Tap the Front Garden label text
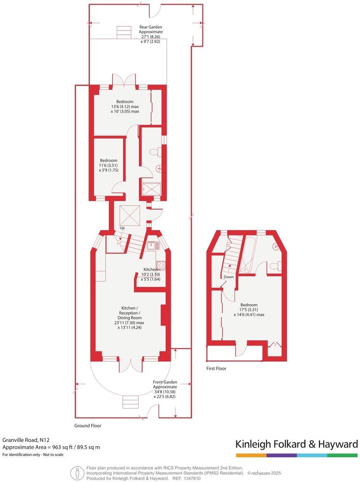point(165,389)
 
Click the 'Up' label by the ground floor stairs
point(122,228)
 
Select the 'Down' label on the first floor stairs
point(228,277)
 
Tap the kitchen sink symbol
point(153,246)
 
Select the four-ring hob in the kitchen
point(161,265)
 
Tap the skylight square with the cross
point(127,213)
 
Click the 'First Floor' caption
point(216,369)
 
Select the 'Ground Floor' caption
point(87,426)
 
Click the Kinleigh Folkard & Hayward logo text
point(296,444)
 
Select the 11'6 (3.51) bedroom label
point(108,165)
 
